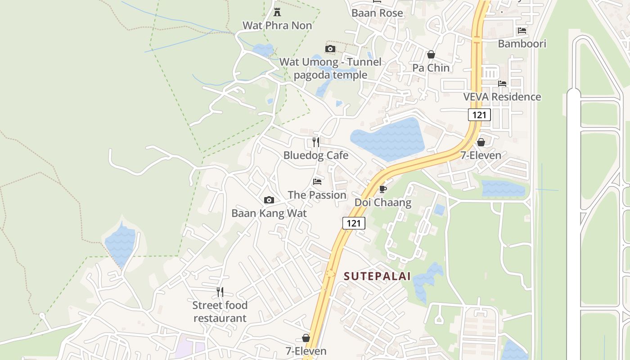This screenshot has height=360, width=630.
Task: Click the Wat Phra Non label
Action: tap(277, 26)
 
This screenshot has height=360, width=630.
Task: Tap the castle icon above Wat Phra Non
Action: tap(277, 12)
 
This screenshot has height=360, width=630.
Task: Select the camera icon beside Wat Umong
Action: tap(330, 49)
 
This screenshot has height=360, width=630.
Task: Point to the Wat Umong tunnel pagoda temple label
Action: tap(331, 68)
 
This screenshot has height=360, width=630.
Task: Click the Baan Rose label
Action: tap(377, 13)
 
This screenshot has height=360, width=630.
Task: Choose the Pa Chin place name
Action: tap(431, 68)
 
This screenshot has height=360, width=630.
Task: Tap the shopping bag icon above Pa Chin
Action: tap(431, 54)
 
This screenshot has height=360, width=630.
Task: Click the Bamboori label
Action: tap(522, 44)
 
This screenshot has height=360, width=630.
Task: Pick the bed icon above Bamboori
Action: tap(522, 31)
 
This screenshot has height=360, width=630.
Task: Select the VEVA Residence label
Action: tap(502, 97)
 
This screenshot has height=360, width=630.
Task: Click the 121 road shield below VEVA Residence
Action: tap(479, 115)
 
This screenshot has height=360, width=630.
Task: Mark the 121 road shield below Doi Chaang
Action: tap(354, 223)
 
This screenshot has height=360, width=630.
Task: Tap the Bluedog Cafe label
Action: tap(316, 155)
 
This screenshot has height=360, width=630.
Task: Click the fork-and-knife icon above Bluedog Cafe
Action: tap(316, 142)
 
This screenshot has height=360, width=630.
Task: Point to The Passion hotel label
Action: tap(317, 195)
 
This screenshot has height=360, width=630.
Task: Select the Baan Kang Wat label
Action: tap(269, 213)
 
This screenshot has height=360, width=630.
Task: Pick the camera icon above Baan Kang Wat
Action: tap(269, 200)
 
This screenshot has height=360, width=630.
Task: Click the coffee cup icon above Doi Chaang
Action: tap(383, 189)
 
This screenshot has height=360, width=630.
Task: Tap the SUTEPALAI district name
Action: tap(378, 276)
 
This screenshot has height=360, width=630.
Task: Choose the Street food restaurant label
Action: tap(220, 311)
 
